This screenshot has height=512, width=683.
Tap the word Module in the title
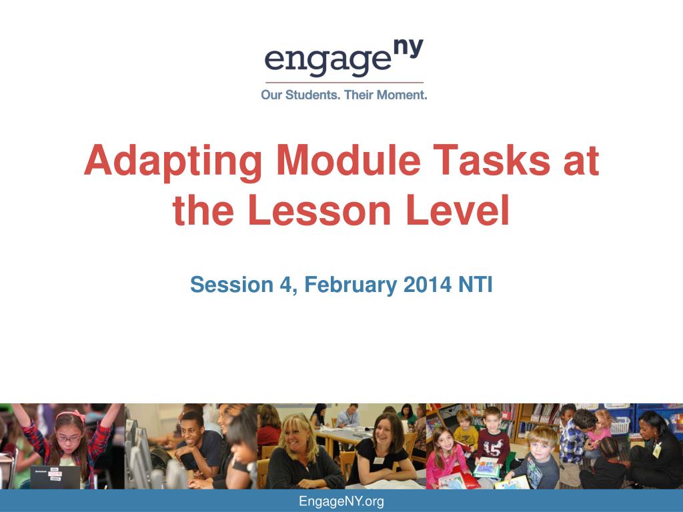click(348, 160)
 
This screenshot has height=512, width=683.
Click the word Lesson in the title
click(319, 209)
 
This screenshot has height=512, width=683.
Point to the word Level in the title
click(458, 209)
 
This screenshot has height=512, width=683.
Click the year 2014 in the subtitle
click(428, 285)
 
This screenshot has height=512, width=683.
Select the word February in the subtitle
click(351, 285)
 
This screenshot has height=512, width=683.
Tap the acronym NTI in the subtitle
click(475, 285)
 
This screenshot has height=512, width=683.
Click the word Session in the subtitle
click(231, 285)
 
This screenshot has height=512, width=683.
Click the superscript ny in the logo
click(408, 48)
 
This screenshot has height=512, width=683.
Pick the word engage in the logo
click(327, 61)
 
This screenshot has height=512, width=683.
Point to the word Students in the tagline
click(312, 95)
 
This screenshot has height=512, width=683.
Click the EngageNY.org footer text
click(341, 501)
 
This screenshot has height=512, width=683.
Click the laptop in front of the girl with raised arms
click(55, 477)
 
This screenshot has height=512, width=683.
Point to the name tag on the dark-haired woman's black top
click(378, 461)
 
